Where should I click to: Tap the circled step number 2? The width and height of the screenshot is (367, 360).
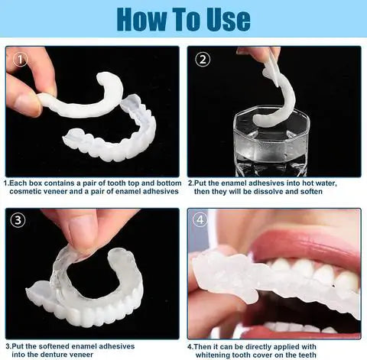point(203,59)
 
